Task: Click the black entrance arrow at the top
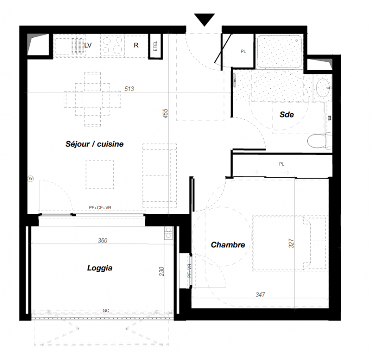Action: click(x=204, y=19)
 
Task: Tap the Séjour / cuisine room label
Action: click(x=94, y=144)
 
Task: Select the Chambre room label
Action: click(x=228, y=245)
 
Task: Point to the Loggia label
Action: click(x=100, y=268)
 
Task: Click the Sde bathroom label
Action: click(x=287, y=115)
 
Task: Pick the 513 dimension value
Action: click(x=129, y=89)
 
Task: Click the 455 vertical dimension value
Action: click(x=166, y=113)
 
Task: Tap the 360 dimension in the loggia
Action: click(x=103, y=240)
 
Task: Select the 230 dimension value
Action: click(x=161, y=271)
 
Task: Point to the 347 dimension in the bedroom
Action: click(x=260, y=294)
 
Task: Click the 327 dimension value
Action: click(x=291, y=243)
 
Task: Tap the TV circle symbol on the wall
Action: click(x=31, y=179)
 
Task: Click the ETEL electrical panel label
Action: click(x=155, y=46)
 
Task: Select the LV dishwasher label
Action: click(x=88, y=45)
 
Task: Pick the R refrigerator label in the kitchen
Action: click(x=136, y=45)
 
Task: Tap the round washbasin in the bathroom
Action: click(x=323, y=88)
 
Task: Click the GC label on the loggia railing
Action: click(x=106, y=310)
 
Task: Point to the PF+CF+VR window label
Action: click(x=100, y=207)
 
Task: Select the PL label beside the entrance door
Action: click(x=243, y=51)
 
